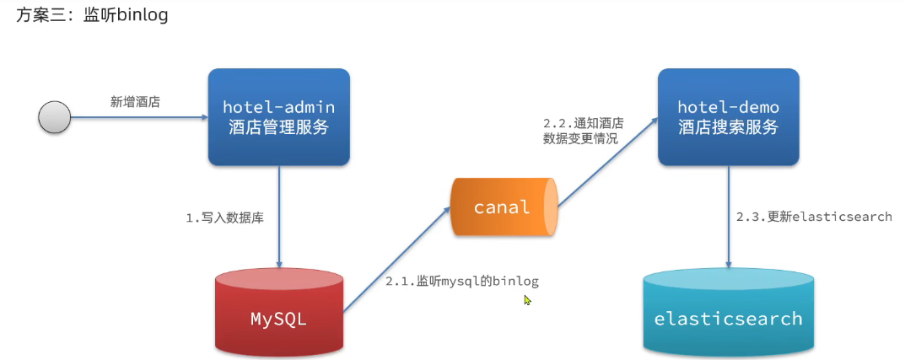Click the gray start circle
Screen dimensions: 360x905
(55, 116)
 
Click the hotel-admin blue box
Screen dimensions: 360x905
(279, 117)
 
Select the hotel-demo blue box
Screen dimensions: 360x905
(728, 117)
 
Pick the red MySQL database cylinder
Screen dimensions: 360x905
(279, 312)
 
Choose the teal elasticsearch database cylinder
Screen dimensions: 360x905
(729, 312)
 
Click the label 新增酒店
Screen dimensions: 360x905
(135, 102)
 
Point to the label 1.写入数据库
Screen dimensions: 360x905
(224, 218)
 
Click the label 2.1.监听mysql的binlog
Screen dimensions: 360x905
(461, 281)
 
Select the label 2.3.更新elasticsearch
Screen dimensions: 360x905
(813, 217)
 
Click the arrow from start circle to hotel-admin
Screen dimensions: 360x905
(139, 117)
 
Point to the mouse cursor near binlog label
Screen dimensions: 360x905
(527, 299)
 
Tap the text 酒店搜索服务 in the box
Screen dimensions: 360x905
(728, 128)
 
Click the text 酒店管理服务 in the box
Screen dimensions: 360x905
(279, 128)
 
